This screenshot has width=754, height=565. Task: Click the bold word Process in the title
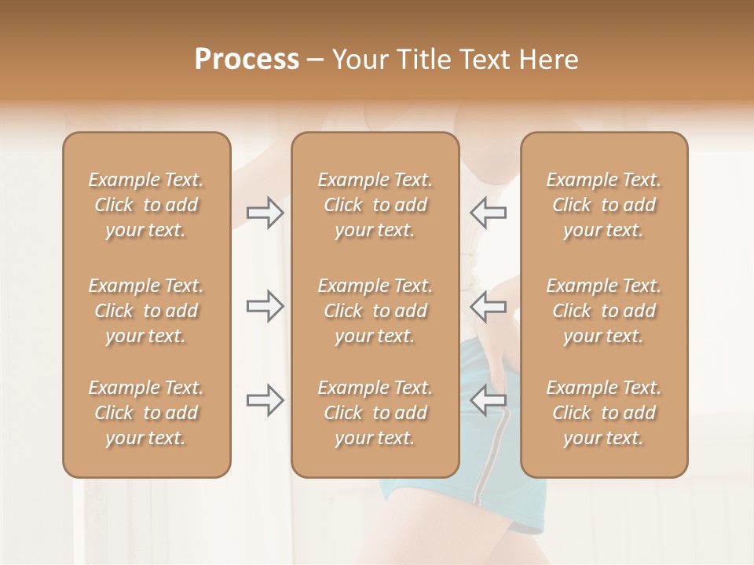coord(247,60)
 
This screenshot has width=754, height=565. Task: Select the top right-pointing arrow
coord(265,213)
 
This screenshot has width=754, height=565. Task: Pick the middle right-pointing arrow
coord(265,306)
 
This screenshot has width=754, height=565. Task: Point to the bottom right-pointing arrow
coord(265,400)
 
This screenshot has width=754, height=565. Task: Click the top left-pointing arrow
coord(488,213)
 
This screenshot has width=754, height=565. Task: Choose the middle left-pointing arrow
coord(488,306)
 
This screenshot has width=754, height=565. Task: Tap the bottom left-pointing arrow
coord(488,400)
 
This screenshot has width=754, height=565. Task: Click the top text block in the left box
coord(146,205)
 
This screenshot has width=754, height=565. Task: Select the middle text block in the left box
coord(146,311)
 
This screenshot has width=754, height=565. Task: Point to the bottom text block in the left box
coord(146,413)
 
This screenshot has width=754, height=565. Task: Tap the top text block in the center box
coord(375,205)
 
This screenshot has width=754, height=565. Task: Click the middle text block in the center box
coord(375,311)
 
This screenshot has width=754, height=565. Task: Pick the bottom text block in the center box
coord(375,413)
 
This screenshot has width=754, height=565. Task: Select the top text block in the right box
coord(603,205)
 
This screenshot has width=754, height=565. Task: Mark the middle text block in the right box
coord(603,311)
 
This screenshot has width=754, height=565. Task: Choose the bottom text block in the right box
coord(603,413)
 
